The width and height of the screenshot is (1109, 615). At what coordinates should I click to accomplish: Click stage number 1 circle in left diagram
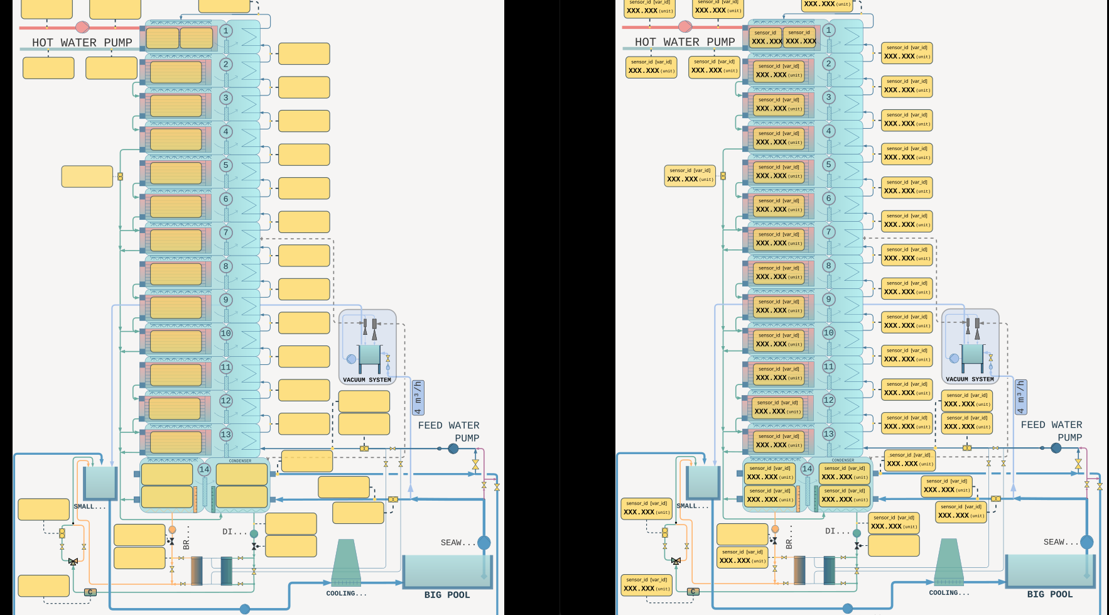coord(226,31)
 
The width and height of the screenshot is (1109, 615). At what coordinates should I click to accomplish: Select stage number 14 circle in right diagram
coord(807,469)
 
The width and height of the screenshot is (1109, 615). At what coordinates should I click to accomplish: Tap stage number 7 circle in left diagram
coord(226,232)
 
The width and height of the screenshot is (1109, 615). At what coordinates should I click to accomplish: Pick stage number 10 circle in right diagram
coord(829,333)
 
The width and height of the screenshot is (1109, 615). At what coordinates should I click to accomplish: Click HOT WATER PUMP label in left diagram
coord(82,43)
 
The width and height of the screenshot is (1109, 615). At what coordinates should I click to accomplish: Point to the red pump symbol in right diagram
coord(685,26)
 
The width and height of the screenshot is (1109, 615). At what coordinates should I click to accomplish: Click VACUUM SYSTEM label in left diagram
coord(367,379)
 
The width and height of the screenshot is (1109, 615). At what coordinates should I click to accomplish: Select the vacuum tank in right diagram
coord(972,354)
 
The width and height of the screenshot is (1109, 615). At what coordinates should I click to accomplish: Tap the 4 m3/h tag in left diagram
coord(418,397)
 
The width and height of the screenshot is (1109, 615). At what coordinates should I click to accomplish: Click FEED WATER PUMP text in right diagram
coord(1052,431)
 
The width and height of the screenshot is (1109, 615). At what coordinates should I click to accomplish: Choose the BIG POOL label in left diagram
coord(446,595)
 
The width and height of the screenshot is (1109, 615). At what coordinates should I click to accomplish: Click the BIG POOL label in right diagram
coord(1049,594)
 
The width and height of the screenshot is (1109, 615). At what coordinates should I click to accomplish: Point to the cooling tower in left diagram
coord(346,563)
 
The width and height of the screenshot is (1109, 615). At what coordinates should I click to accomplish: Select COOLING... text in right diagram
coord(949,592)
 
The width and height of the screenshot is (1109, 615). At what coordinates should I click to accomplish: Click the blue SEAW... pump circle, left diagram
coord(484,543)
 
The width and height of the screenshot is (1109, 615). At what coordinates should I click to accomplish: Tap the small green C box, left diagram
coord(90,592)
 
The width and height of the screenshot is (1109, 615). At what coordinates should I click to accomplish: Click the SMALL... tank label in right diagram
coord(692,506)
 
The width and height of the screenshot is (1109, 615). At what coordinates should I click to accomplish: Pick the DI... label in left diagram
coord(234,531)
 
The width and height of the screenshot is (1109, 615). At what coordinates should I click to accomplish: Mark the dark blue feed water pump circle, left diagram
coord(453,449)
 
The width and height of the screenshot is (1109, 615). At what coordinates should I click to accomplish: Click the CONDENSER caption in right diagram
coord(843,460)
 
